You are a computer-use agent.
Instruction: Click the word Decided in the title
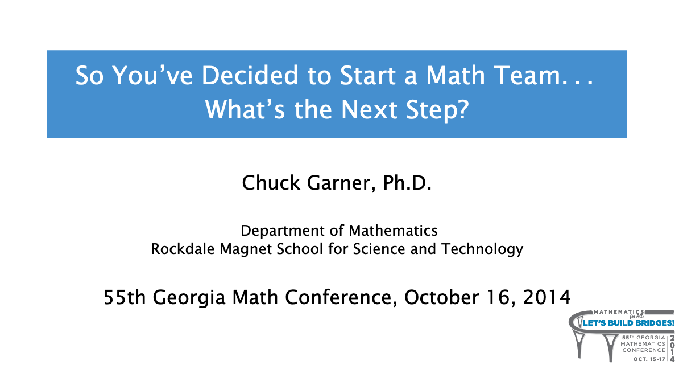tap(250, 75)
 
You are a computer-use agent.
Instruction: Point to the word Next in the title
tap(370, 109)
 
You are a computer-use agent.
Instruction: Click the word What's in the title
tap(245, 109)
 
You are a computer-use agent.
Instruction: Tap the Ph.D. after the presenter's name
tap(408, 183)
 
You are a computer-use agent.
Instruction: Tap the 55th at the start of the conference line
tap(125, 297)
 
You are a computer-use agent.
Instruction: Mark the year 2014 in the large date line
tap(547, 297)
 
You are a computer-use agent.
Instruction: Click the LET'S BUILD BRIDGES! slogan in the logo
tap(628, 323)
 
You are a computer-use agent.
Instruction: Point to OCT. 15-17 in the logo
tap(649, 359)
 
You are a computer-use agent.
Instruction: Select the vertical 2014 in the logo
tap(672, 348)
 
